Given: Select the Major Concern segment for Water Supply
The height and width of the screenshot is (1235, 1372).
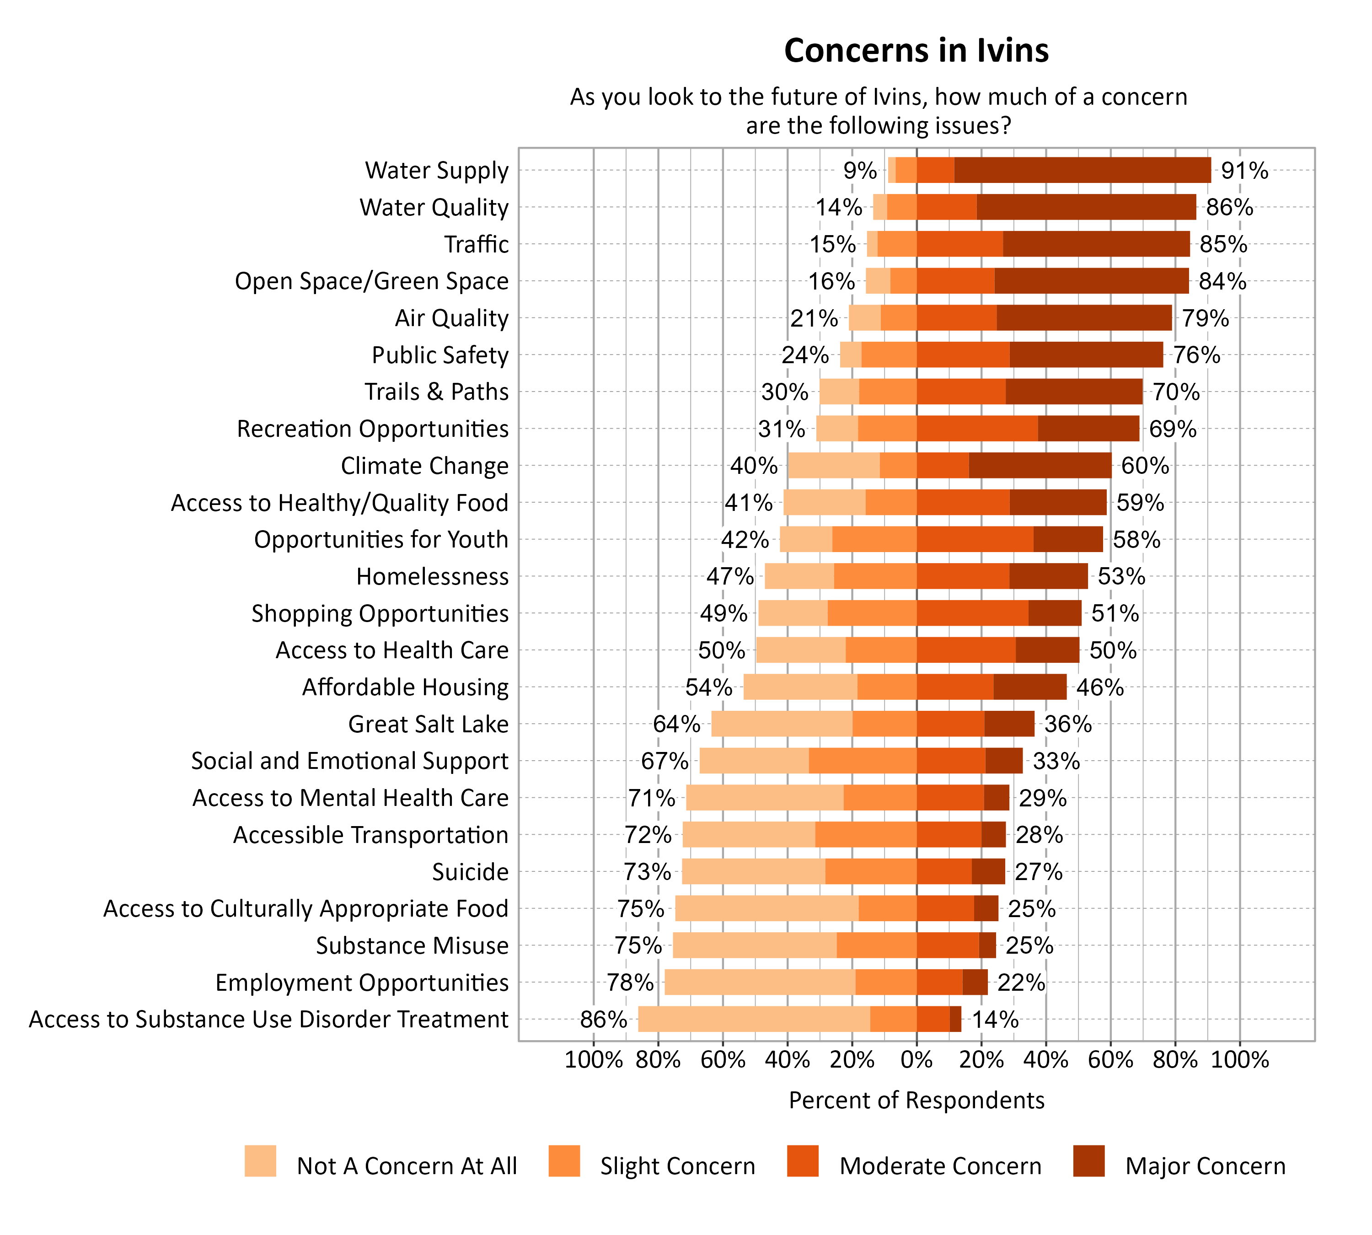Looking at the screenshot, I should pyautogui.click(x=1082, y=170).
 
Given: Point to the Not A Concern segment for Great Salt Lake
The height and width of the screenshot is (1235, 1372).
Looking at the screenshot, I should pyautogui.click(x=781, y=724).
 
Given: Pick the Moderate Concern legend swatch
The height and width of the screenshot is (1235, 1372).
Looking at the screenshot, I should pyautogui.click(x=802, y=1161).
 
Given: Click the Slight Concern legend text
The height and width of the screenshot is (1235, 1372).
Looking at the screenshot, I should pyautogui.click(x=677, y=1166).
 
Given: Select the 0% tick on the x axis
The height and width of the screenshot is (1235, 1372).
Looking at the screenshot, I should pyautogui.click(x=916, y=1060).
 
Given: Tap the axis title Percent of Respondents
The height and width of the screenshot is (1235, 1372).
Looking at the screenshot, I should pyautogui.click(x=916, y=1100).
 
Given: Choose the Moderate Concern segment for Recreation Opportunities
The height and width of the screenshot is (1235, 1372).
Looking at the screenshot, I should pyautogui.click(x=976, y=429).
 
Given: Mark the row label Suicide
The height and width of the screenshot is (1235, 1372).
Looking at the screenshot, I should pyautogui.click(x=470, y=872).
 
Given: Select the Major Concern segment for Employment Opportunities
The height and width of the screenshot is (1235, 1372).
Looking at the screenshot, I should pyautogui.click(x=975, y=983).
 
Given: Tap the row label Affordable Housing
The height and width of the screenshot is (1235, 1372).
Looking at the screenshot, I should pyautogui.click(x=405, y=687).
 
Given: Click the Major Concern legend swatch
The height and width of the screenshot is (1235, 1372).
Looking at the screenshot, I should pyautogui.click(x=1088, y=1161).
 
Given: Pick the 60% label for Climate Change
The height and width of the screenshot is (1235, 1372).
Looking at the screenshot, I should pyautogui.click(x=1145, y=466).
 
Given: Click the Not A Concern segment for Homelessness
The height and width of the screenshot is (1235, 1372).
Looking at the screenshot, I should pyautogui.click(x=799, y=577).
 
